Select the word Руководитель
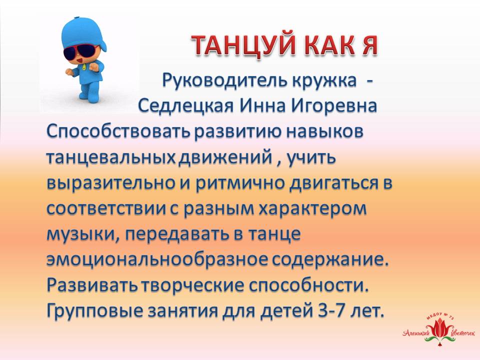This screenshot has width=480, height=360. coord(225,81)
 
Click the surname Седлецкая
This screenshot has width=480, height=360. coord(186,106)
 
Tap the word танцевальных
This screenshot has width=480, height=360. coord(111,158)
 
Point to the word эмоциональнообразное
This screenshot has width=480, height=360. coord(157,260)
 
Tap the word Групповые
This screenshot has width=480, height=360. coord(95,311)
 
